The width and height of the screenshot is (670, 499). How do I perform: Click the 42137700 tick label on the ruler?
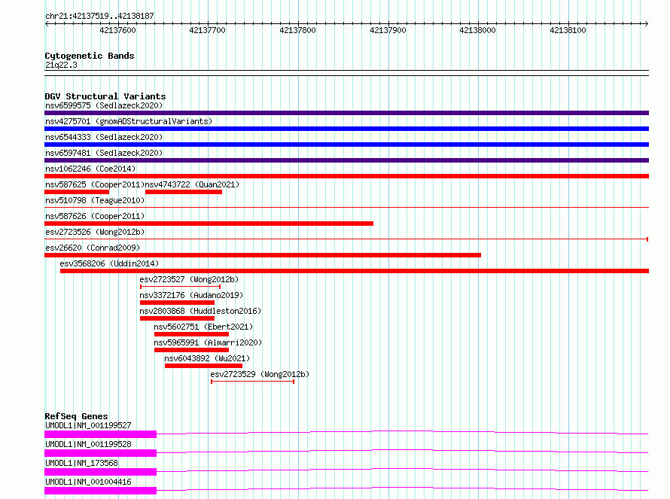207,30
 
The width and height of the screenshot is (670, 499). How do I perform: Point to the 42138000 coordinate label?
478,30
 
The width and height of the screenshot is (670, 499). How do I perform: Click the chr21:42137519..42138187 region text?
99,16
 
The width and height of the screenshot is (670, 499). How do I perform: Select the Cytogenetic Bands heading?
90,56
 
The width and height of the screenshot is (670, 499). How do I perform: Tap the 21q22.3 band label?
61,65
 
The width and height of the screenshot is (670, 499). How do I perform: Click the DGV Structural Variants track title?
105,96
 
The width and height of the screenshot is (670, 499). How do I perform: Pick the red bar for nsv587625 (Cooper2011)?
77,192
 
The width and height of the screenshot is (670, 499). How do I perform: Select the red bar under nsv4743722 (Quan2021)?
184,192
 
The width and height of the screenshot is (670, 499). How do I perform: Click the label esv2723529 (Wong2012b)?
260,374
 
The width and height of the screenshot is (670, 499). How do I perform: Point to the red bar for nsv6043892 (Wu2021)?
203,366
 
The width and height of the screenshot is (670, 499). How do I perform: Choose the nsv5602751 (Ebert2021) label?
203,327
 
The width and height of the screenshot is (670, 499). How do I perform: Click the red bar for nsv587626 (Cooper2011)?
209,224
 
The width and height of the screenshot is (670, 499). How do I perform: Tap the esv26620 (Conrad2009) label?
93,248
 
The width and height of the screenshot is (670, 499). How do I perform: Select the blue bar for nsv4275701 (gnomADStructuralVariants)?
346,129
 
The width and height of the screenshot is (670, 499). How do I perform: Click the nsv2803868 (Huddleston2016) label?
200,311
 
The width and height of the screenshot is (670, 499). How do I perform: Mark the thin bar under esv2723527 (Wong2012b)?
181,287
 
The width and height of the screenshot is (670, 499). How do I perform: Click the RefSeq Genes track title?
76,416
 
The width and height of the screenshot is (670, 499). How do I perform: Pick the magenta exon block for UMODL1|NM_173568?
100,472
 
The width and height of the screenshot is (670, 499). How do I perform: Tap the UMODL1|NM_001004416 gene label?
88,482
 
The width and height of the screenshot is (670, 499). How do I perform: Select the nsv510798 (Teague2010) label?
95,200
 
